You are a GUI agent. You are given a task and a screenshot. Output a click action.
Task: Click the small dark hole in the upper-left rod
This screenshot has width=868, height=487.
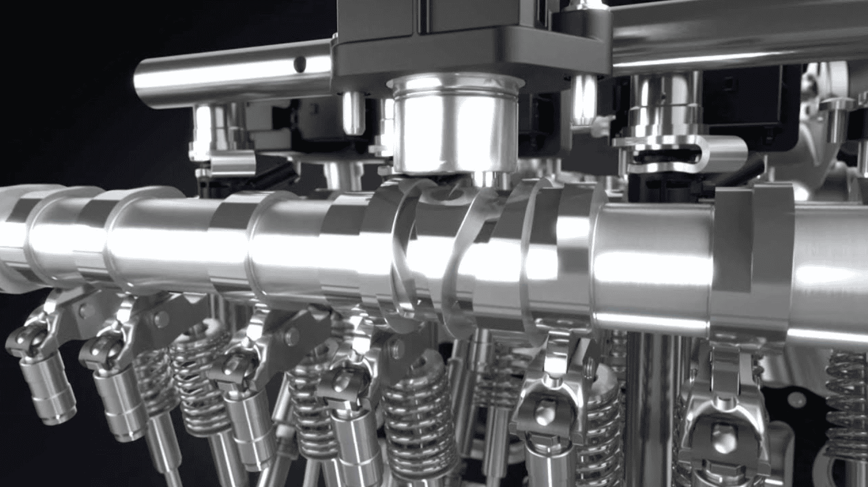tap(299, 62)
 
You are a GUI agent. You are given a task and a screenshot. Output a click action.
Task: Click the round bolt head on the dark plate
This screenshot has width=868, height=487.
tap(799, 400)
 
